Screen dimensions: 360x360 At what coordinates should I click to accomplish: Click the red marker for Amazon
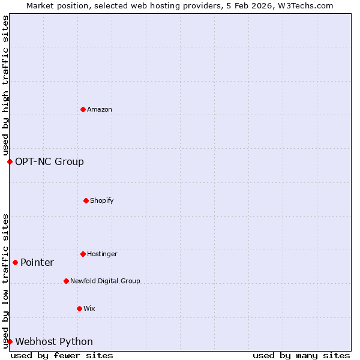[x=83, y=109]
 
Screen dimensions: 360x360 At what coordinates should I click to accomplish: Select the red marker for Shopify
[x=86, y=200]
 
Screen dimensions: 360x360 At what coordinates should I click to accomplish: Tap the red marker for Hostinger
[x=83, y=254]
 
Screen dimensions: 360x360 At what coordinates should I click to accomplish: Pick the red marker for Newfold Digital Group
[x=66, y=281]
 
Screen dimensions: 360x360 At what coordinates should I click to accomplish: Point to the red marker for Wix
[x=79, y=308]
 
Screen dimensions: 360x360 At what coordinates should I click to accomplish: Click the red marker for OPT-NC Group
[x=10, y=161]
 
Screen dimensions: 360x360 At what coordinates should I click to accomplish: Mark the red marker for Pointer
[x=15, y=262]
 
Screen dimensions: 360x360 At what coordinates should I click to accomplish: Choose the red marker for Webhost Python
[x=10, y=341]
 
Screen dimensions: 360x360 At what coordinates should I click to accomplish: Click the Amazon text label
[x=100, y=110]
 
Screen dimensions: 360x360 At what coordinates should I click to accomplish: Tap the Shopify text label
[x=102, y=200]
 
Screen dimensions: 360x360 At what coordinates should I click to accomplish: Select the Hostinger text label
[x=102, y=254]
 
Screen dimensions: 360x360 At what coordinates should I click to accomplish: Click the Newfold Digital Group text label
[x=105, y=281]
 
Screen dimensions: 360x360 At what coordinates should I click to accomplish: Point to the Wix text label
[x=89, y=309]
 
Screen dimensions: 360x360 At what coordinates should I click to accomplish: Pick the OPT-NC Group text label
[x=49, y=161]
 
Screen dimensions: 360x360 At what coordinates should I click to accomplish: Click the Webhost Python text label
[x=54, y=341]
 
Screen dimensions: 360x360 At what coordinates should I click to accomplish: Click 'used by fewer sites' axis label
[x=62, y=355]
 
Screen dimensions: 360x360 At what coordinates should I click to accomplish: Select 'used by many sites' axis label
[x=301, y=355]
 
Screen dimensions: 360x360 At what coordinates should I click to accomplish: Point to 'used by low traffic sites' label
[x=5, y=281]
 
